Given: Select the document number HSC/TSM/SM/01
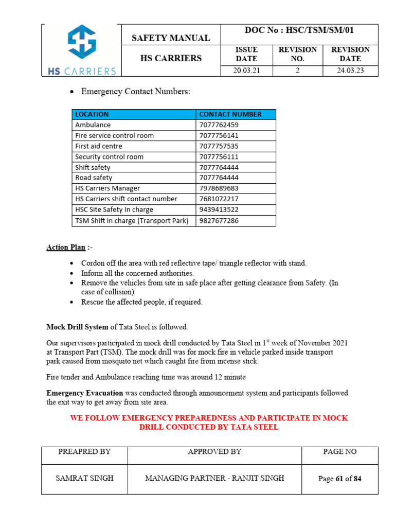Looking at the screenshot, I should click(299, 30).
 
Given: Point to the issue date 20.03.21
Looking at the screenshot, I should click(246, 71).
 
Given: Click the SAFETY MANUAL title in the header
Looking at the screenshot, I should click(171, 38).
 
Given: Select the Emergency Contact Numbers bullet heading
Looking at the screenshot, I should click(136, 92).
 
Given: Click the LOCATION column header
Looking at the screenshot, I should click(92, 114).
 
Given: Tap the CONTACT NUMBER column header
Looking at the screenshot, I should click(230, 114).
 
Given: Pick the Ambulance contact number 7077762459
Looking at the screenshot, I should click(219, 125).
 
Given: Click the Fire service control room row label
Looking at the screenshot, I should click(114, 136).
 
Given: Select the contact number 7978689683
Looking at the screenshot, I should click(219, 188).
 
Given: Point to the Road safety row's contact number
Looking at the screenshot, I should click(219, 178).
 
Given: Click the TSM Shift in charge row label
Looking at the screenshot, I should click(132, 221).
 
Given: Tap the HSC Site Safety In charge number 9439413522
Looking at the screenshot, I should click(219, 210).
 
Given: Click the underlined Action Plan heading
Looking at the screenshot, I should click(66, 248).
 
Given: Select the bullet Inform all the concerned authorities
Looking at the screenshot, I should click(137, 273).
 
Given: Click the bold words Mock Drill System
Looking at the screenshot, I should click(78, 327).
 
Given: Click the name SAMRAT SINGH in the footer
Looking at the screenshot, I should click(84, 478).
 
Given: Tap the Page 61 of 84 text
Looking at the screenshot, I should click(339, 479).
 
